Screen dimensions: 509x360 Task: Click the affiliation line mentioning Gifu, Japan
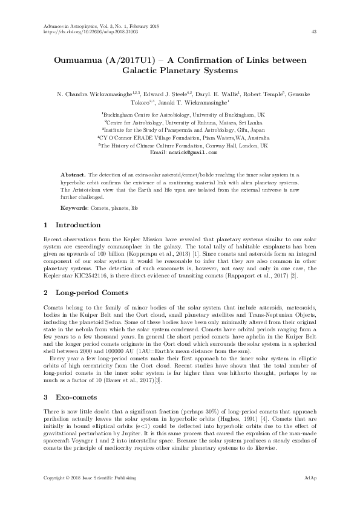pos(180,129)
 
